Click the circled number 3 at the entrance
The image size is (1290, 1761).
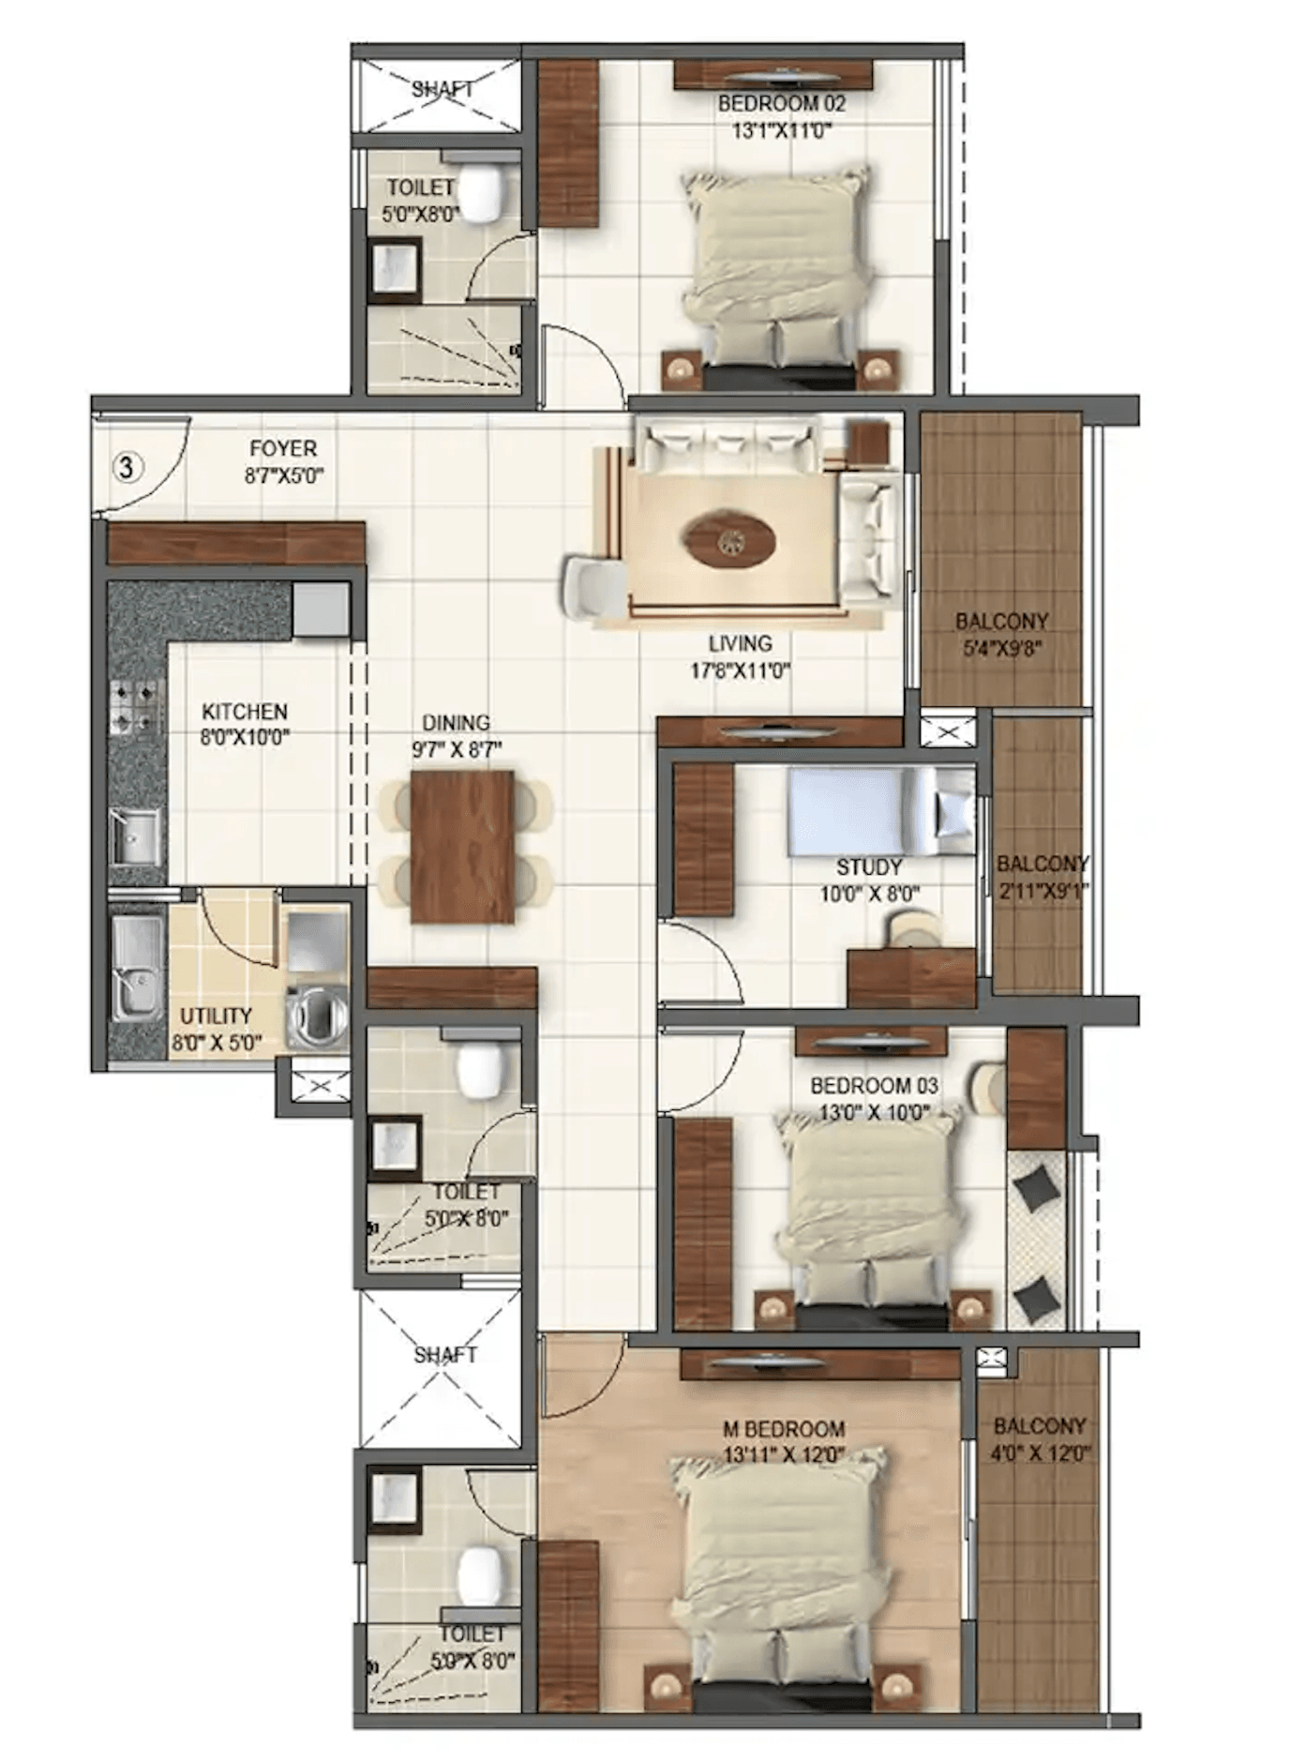coord(128,466)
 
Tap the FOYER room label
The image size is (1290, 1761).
coord(283,448)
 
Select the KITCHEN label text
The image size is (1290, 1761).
coord(245,712)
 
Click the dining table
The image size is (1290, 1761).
coord(462,847)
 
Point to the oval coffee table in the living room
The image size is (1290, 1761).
coord(728,540)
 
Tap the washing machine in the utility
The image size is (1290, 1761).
coord(317,1015)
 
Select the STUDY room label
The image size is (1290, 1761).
coord(869,867)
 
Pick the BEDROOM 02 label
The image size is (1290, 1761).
coord(782,103)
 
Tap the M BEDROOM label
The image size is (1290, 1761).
coord(784,1429)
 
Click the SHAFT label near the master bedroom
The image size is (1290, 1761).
coord(445,1355)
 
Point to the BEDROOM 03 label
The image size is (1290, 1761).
coord(874,1086)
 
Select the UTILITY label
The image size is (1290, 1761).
coord(216,1016)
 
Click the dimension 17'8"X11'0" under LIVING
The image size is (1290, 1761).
coord(740,670)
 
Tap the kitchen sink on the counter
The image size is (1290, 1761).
coord(135,835)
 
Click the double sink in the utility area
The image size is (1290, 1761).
coord(138,969)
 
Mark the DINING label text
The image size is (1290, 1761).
coord(456,723)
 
